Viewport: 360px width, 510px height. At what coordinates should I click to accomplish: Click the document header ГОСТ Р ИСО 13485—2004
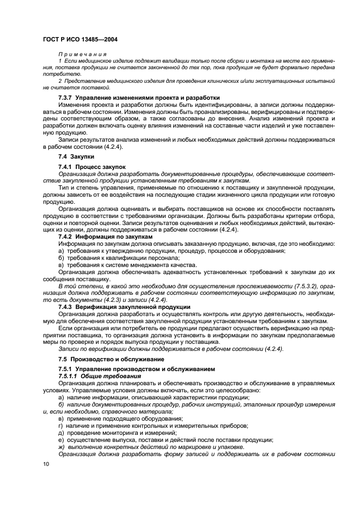pyautogui.click(x=81, y=39)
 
